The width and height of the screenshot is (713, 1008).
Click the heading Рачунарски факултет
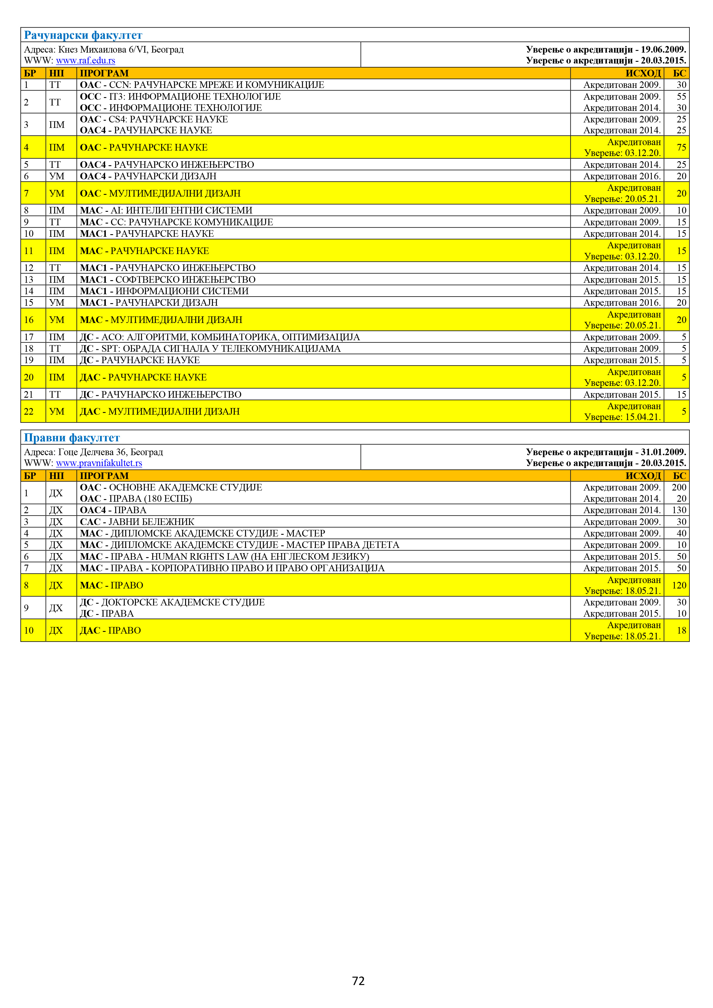pyautogui.click(x=83, y=35)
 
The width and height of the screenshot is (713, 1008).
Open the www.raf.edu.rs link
pyautogui.click(x=86, y=61)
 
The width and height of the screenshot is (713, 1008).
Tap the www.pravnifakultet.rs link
pyautogui.click(x=99, y=463)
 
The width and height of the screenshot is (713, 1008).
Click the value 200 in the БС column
pyautogui.click(x=679, y=487)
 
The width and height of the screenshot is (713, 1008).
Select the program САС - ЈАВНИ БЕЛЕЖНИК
pyautogui.click(x=137, y=522)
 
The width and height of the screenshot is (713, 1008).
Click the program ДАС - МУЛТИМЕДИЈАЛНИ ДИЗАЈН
pyautogui.click(x=160, y=411)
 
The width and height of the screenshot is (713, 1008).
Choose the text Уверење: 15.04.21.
pyautogui.click(x=622, y=417)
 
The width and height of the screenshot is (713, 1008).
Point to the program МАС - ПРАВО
pyautogui.click(x=112, y=585)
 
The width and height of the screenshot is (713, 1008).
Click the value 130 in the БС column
pyautogui.click(x=679, y=510)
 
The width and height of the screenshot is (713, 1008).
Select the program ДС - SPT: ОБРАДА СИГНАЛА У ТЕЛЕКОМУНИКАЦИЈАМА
pyautogui.click(x=210, y=349)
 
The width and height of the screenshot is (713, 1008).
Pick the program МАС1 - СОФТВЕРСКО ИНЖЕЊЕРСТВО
pyautogui.click(x=168, y=280)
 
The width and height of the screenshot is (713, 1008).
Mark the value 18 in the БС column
pyautogui.click(x=681, y=630)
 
